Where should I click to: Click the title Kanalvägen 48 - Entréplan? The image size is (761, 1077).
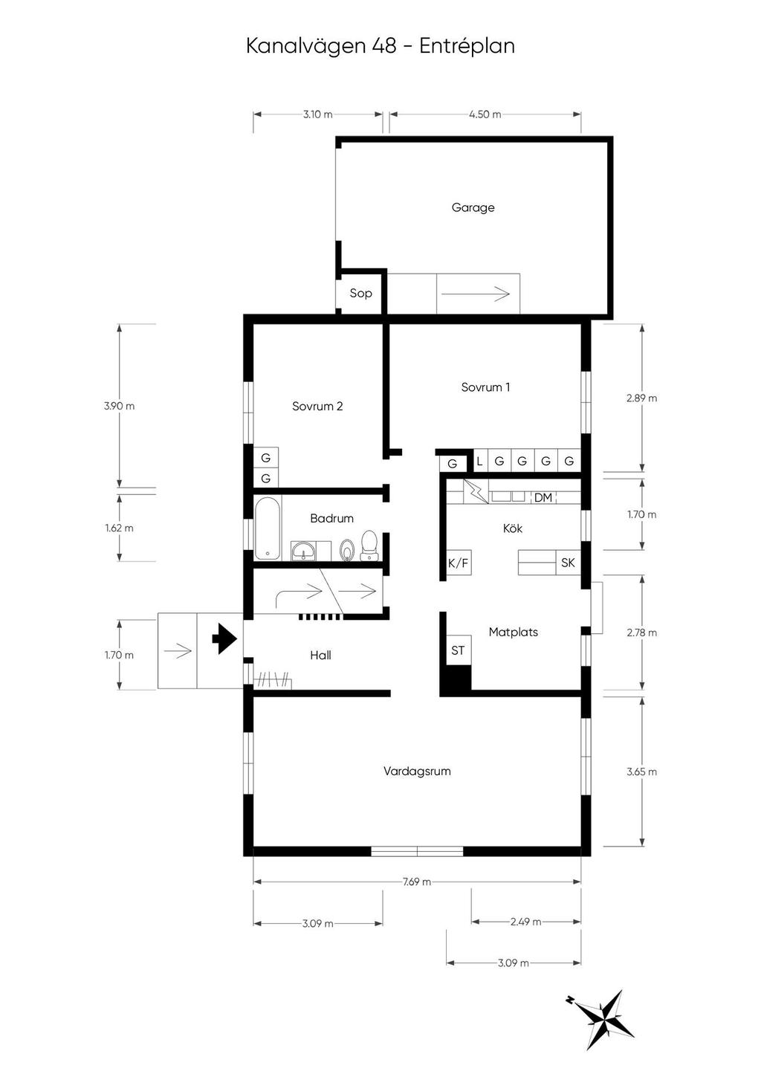coord(380,46)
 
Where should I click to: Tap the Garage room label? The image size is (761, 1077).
coord(473,207)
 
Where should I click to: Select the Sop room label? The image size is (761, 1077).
coord(360,293)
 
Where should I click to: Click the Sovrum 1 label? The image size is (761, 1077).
coord(485,387)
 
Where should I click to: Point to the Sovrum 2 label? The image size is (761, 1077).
coord(317,407)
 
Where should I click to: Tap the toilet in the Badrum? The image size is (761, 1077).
coord(369,547)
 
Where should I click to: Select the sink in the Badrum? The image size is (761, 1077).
coord(303,550)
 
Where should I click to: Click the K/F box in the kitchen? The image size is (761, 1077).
coord(458,563)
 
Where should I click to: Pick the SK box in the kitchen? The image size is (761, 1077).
coord(568,563)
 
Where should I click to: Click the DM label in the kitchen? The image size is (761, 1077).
coord(543,497)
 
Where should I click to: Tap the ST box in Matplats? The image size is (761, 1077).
coord(458,650)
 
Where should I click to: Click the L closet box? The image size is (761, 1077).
coord(479,461)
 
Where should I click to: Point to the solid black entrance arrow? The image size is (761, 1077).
coord(224,638)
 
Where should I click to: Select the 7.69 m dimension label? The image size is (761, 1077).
coord(417,882)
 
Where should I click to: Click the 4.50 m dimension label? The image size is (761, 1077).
coord(485,114)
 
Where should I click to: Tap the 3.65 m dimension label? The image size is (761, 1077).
coord(641,772)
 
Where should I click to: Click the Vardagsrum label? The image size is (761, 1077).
coord(417,772)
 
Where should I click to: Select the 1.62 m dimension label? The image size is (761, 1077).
coord(119,528)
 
